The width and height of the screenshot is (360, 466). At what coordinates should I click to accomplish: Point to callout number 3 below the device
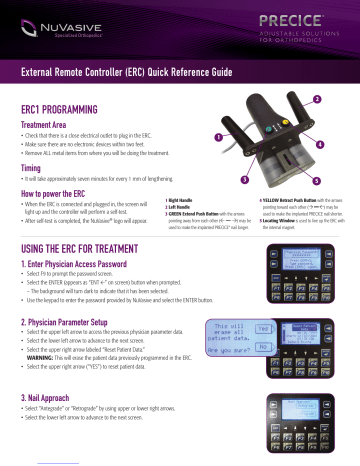243,178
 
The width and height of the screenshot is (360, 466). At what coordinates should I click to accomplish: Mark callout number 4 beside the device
319,146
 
